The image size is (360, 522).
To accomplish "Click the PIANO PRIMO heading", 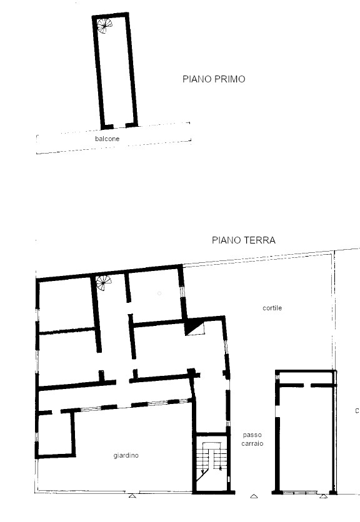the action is (214, 79).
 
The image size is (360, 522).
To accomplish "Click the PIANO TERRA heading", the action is (244, 240).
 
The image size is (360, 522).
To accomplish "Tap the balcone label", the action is (107, 139).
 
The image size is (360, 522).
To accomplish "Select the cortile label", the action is (272, 308).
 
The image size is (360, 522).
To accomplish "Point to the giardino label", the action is (126, 455).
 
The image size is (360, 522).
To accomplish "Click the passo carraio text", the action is (252, 439).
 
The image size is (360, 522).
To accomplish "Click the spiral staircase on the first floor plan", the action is (104, 26).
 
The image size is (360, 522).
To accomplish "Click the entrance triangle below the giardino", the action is (132, 496).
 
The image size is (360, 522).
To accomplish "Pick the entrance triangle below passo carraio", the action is (254, 496).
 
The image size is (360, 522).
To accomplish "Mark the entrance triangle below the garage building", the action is (323, 496).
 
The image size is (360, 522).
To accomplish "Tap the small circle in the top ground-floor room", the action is (159, 293).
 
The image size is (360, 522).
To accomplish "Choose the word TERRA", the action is (259, 240).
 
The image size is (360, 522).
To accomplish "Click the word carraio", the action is (252, 443).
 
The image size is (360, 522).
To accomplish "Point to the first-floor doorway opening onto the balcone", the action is (119, 126).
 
